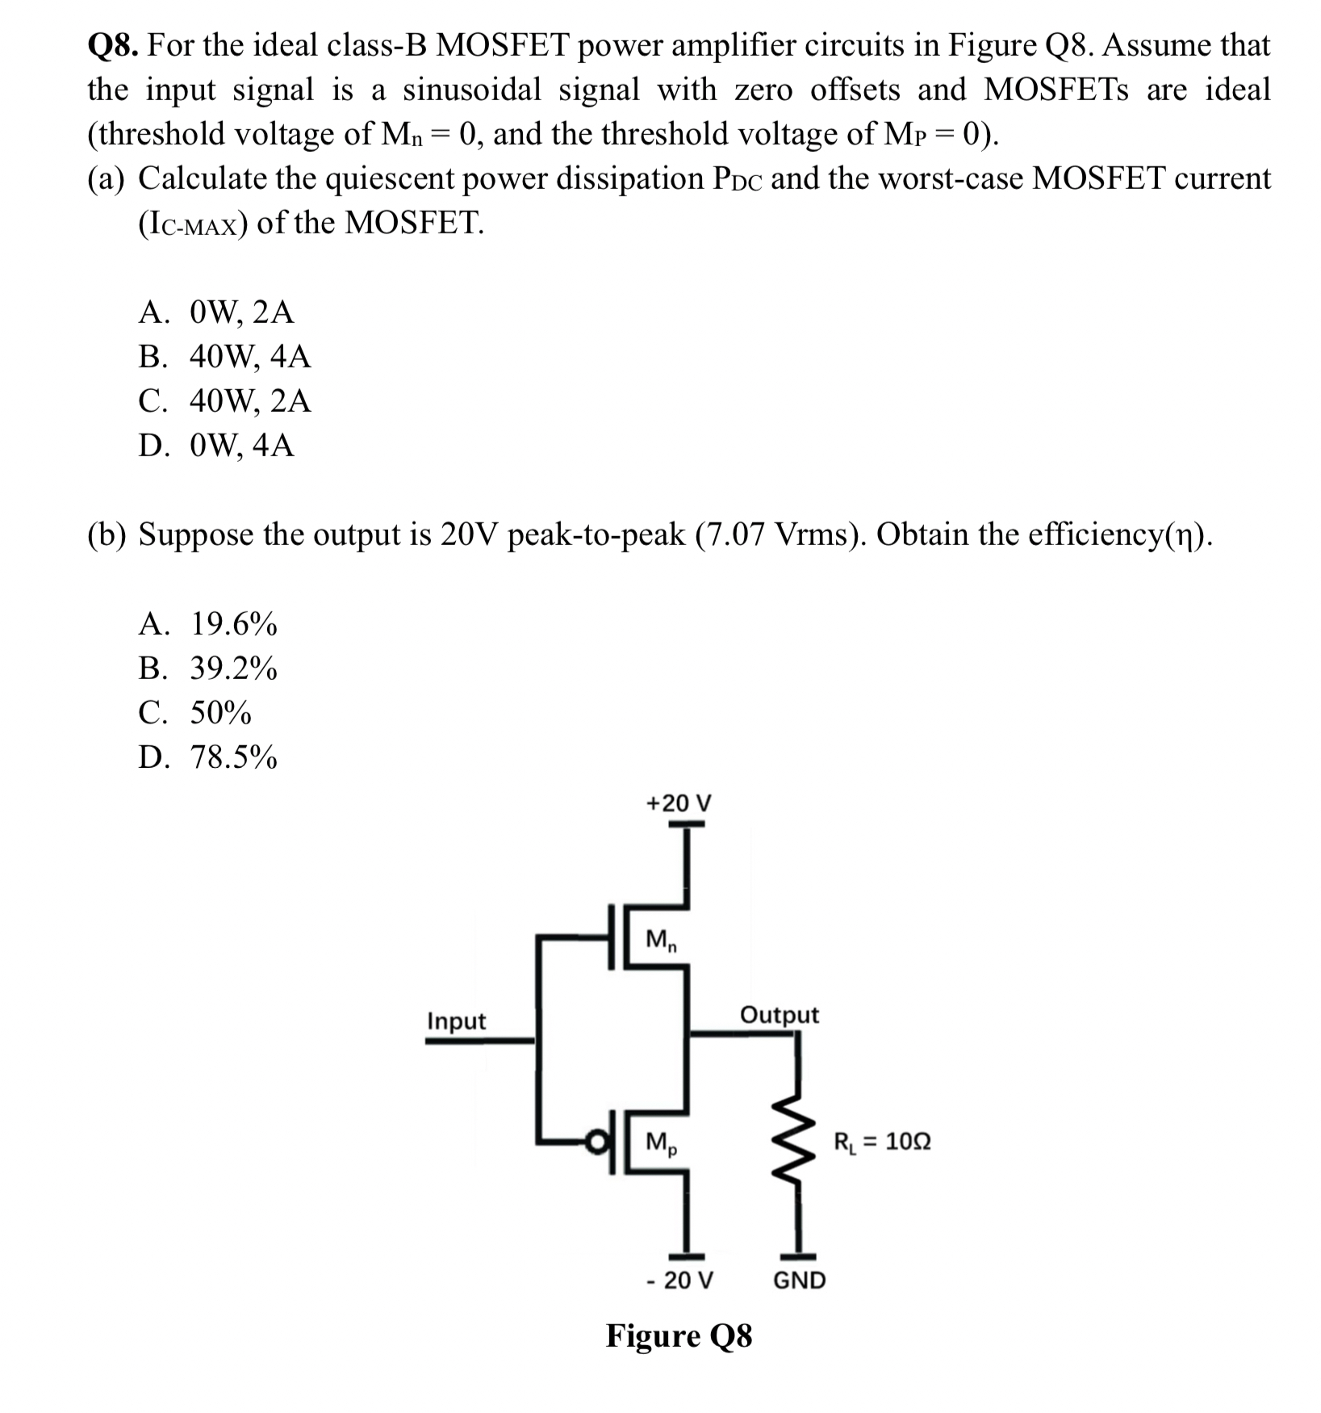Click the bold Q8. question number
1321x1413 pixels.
click(x=115, y=45)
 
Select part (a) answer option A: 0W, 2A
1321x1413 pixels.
click(x=216, y=312)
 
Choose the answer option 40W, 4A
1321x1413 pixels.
click(x=224, y=356)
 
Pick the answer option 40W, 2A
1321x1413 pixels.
click(x=224, y=400)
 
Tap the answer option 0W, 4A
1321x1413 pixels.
click(x=216, y=445)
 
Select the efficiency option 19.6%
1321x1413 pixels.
click(x=208, y=624)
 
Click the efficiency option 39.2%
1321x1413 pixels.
click(x=208, y=669)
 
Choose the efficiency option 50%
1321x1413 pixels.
click(x=195, y=713)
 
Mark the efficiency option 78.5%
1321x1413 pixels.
click(x=208, y=757)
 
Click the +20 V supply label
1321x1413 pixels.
click(x=679, y=803)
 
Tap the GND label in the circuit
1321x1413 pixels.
click(x=799, y=1281)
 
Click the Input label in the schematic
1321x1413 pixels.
click(x=456, y=1021)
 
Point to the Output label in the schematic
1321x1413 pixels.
click(x=779, y=1015)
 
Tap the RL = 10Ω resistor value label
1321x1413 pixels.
click(x=881, y=1142)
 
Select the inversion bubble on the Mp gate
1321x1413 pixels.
click(x=596, y=1143)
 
